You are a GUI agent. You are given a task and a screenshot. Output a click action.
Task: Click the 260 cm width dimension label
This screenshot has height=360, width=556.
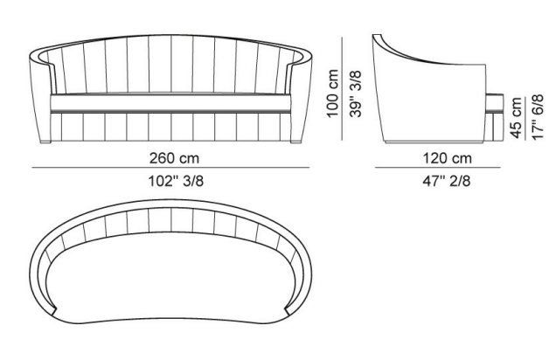(x=174, y=158)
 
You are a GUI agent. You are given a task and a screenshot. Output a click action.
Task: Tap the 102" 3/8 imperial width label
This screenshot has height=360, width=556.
(x=176, y=181)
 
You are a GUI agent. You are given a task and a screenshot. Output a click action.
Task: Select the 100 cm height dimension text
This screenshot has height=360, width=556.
(x=332, y=93)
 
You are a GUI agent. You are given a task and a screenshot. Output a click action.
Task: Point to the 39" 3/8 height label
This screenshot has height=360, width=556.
(x=356, y=93)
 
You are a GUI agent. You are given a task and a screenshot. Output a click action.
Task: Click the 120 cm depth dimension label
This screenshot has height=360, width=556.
(x=447, y=158)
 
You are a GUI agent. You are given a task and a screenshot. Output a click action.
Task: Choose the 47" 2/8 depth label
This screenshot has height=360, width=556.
(x=447, y=181)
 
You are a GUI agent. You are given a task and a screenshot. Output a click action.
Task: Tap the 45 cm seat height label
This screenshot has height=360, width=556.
(x=516, y=117)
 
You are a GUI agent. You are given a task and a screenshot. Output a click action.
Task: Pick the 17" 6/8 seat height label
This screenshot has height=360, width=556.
(x=538, y=117)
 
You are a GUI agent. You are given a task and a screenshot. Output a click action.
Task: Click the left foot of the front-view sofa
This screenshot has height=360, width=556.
(x=45, y=142)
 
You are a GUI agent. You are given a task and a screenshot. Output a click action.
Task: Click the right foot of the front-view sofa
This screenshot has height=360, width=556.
(x=296, y=142)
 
